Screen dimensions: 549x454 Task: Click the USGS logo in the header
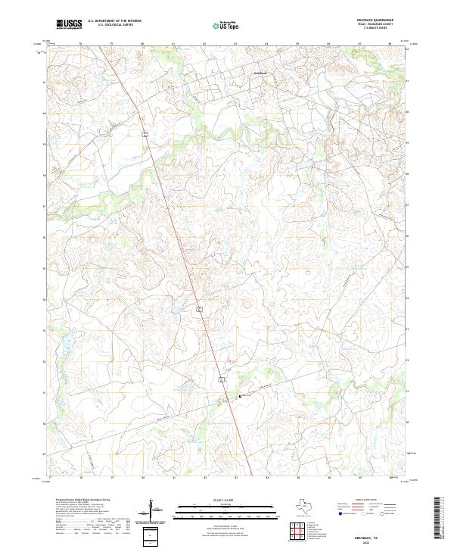pos(69,24)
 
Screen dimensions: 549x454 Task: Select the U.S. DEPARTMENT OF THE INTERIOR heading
pos(114,20)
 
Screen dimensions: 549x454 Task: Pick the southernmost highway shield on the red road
pos(222,376)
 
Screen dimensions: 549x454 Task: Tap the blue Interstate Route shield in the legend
pos(338,513)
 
